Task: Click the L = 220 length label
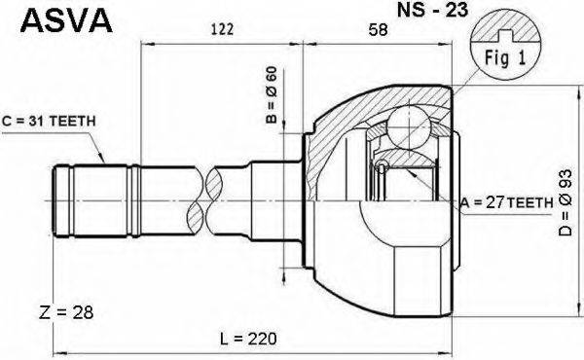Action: tap(250, 338)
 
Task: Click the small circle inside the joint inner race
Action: tap(383, 167)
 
